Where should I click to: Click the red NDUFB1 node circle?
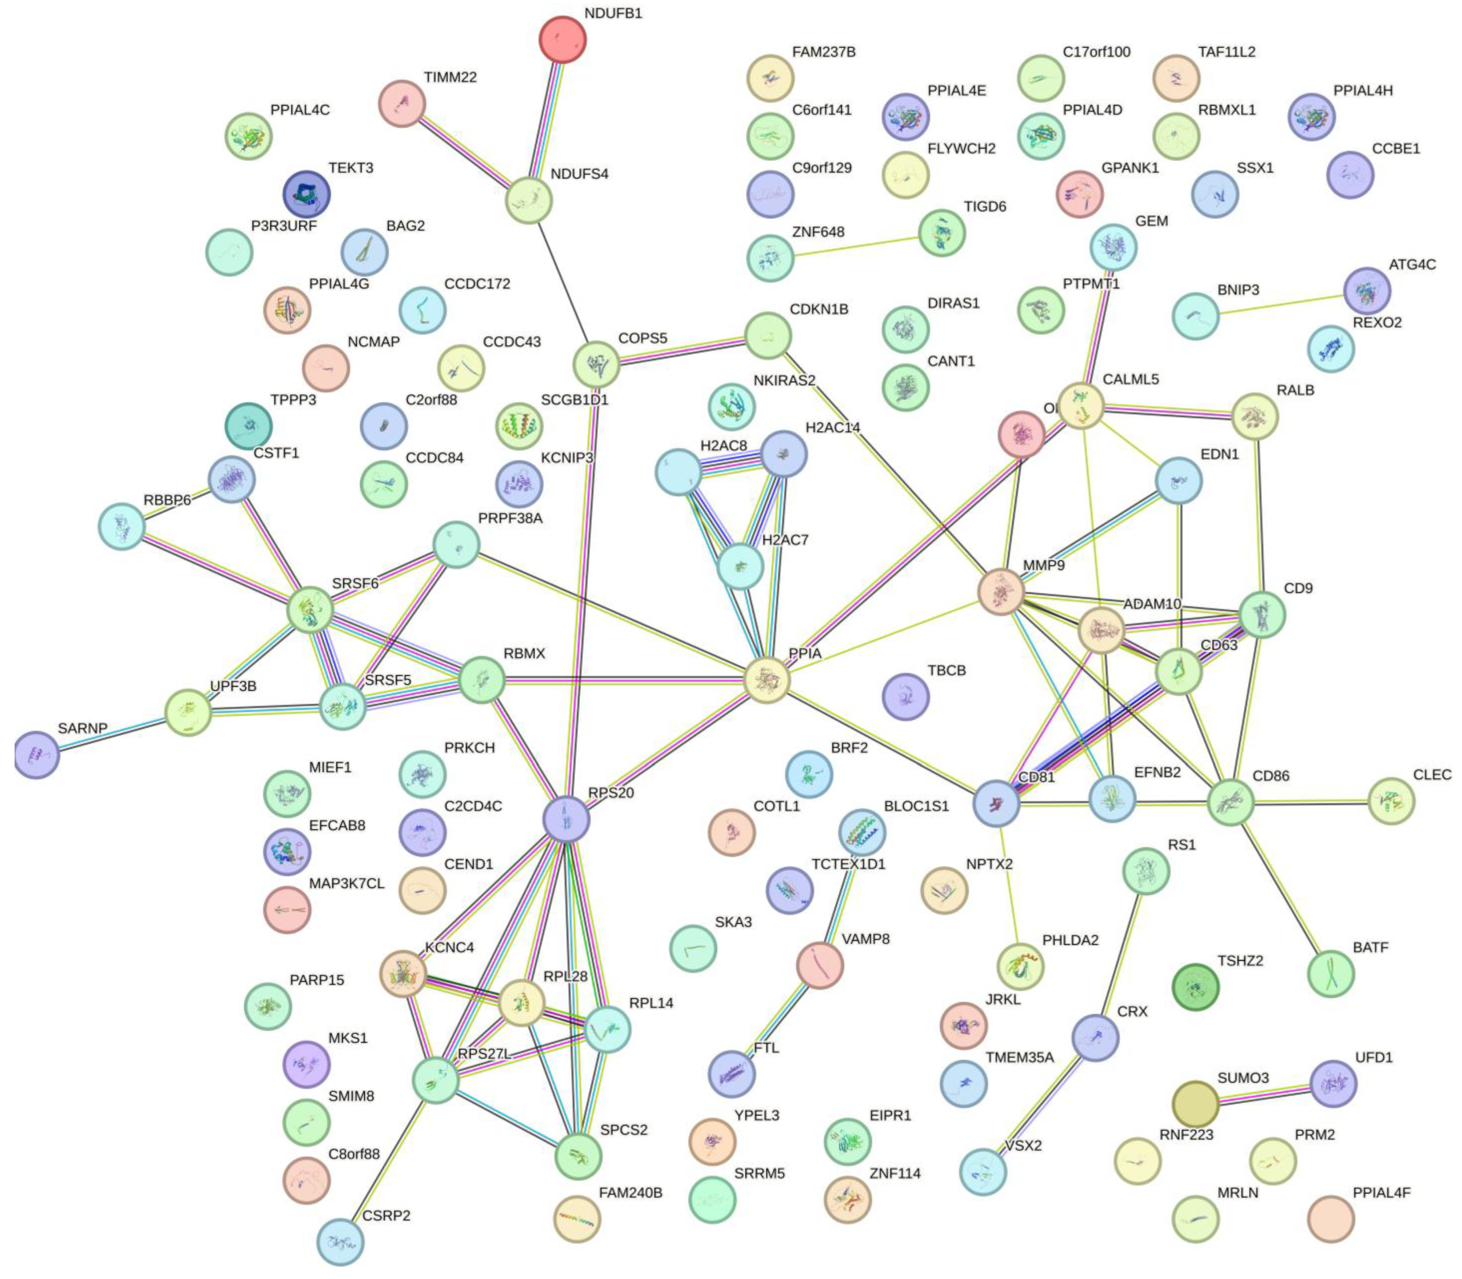pos(562,39)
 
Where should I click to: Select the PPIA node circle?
pos(767,680)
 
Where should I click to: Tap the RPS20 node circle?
pos(566,820)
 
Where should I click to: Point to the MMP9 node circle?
pos(1001,592)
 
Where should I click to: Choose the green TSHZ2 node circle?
pos(1196,987)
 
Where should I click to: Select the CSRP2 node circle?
pos(341,1242)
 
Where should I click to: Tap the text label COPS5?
pos(642,338)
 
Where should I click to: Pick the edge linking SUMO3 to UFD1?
pos(1264,1093)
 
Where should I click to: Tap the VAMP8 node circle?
pos(820,965)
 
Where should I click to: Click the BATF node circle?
pos(1331,974)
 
